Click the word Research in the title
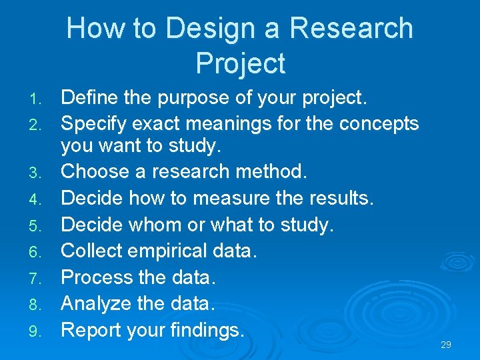click(352, 29)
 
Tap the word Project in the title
click(241, 63)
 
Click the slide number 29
click(446, 345)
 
